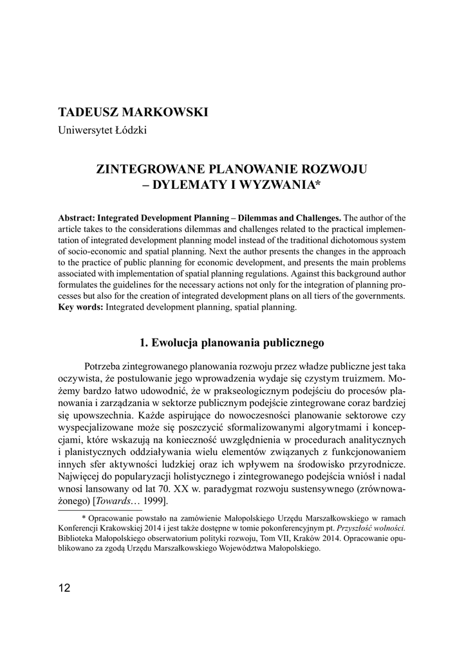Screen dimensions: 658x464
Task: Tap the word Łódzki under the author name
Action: [130, 130]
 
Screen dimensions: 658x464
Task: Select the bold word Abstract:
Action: [79, 218]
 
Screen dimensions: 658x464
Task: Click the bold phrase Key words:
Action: [80, 308]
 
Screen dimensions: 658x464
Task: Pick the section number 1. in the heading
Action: [144, 342]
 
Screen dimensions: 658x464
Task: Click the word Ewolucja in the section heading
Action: [175, 342]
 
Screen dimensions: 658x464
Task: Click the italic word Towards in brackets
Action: [113, 501]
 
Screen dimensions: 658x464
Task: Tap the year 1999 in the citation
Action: [153, 501]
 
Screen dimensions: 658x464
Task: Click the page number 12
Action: [64, 588]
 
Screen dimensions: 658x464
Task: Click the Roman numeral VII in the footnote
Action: [282, 538]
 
